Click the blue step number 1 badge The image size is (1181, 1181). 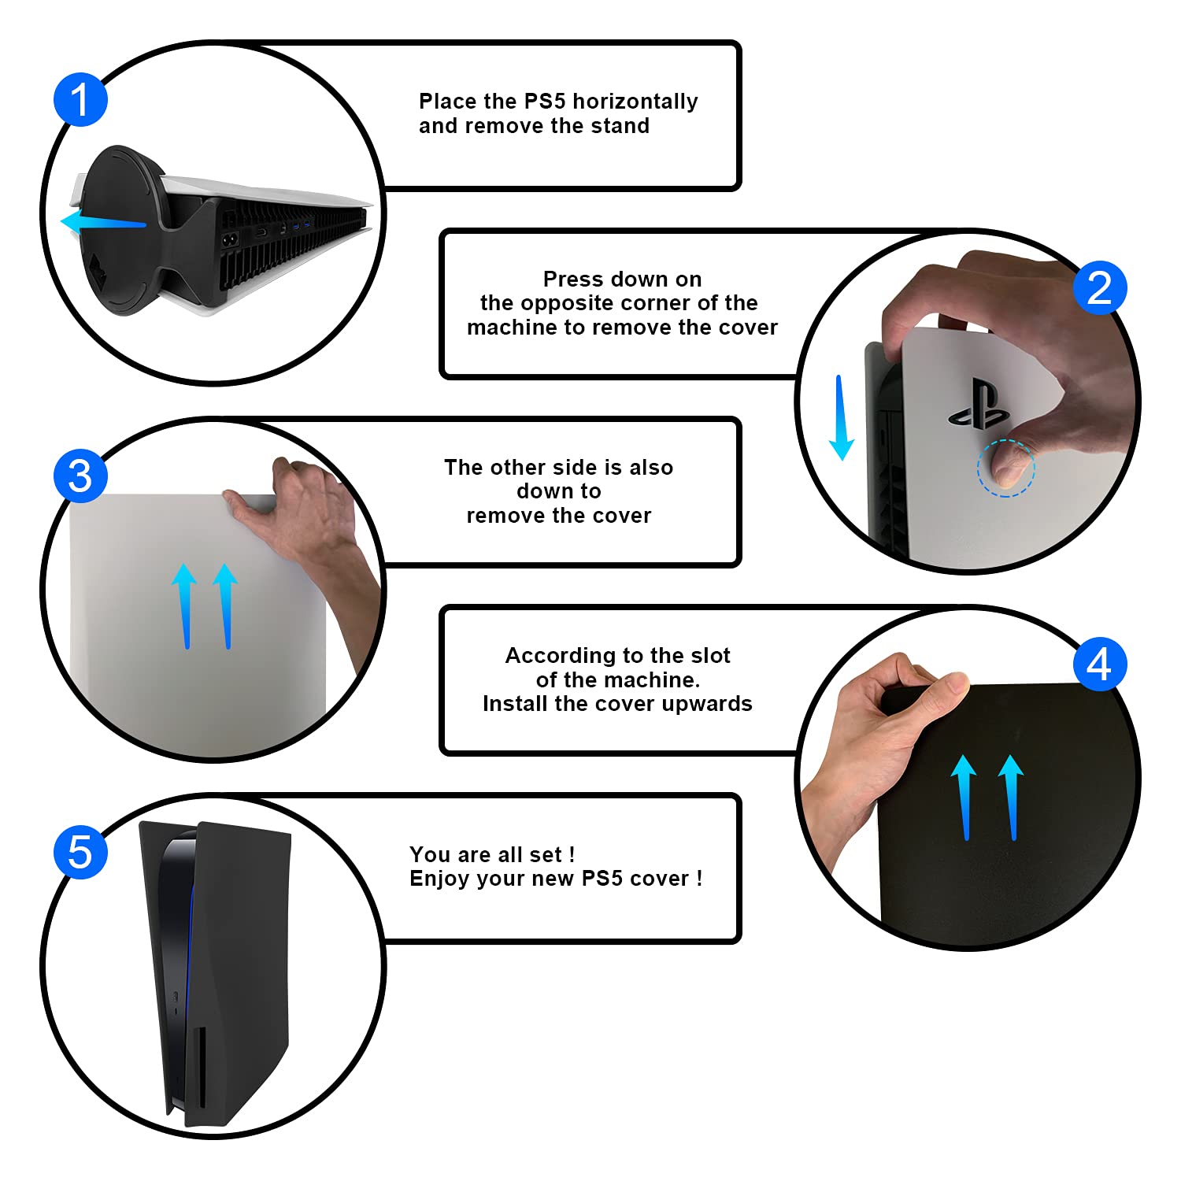click(x=80, y=99)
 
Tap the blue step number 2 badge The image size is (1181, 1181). click(x=1100, y=287)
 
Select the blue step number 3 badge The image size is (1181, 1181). click(x=80, y=476)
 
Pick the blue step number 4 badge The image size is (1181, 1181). click(x=1100, y=664)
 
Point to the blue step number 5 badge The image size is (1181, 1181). click(x=80, y=852)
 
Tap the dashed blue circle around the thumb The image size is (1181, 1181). click(x=1006, y=468)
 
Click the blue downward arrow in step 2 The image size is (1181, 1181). click(x=841, y=417)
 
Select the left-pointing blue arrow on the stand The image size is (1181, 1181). click(x=103, y=222)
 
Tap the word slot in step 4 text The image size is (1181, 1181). click(x=710, y=655)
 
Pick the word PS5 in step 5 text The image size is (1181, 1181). click(x=602, y=879)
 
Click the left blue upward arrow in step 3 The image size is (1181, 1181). click(x=185, y=605)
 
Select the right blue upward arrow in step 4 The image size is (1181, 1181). click(x=1012, y=797)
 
